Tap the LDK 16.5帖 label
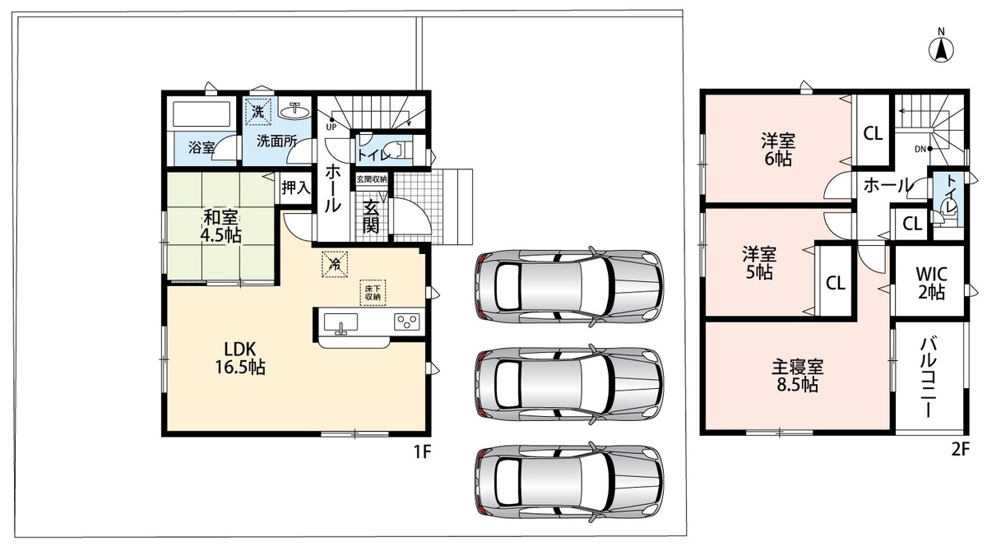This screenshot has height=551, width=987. [x=239, y=358]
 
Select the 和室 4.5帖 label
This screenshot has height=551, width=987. [x=220, y=226]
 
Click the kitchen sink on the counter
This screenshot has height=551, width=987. [x=341, y=323]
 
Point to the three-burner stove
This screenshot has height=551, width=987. [x=406, y=321]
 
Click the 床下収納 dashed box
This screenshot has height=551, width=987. [x=373, y=293]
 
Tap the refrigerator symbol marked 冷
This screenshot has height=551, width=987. [x=335, y=264]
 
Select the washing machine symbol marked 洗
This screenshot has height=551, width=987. [x=257, y=111]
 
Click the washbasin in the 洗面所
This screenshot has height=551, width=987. [x=294, y=111]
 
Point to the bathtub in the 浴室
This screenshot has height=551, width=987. [x=202, y=114]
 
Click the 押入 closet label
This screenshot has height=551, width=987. [x=295, y=188]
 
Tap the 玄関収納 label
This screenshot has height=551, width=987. [x=372, y=179]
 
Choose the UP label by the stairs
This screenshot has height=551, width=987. [x=331, y=127]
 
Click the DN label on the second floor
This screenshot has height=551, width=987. [x=920, y=149]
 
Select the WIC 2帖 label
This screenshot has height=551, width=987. [x=931, y=283]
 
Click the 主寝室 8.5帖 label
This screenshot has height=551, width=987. [x=798, y=376]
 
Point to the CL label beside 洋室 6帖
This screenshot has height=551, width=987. [x=873, y=133]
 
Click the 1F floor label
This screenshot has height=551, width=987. [x=421, y=451]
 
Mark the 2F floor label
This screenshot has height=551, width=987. [x=961, y=450]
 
